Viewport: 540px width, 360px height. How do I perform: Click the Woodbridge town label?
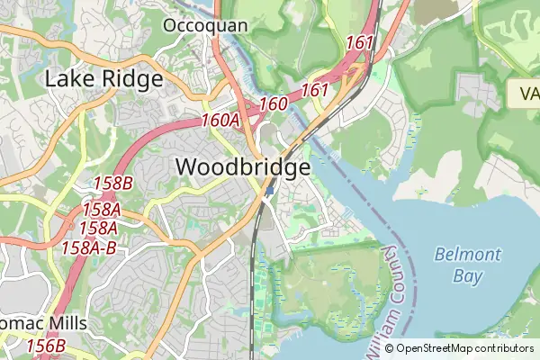[243, 167]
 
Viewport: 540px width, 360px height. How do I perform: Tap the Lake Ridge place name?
[103, 79]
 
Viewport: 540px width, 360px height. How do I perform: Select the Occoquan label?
[205, 25]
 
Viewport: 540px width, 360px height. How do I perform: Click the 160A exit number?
[220, 120]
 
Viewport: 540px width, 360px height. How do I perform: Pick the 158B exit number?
[112, 184]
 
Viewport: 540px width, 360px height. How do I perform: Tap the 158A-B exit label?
[88, 247]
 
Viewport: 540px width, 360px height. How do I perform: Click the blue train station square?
[269, 190]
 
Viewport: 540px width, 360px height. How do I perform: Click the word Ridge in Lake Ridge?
[133, 79]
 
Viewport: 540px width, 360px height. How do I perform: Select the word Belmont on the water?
[467, 254]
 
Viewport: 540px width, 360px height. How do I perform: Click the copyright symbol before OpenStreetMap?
[390, 348]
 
